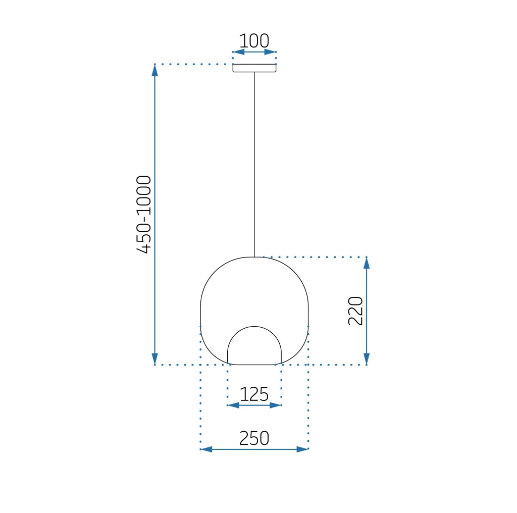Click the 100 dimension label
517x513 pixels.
click(x=254, y=41)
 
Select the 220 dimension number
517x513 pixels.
click(x=355, y=311)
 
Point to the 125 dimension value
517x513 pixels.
click(x=254, y=394)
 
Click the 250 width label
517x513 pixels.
click(x=254, y=438)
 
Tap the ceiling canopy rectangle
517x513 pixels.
click(x=254, y=68)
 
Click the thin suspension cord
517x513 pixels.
click(x=254, y=162)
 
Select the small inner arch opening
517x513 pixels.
click(x=254, y=346)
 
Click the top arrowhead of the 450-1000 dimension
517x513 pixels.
click(x=155, y=70)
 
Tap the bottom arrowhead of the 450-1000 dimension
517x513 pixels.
click(x=155, y=359)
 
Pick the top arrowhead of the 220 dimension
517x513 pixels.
click(x=367, y=263)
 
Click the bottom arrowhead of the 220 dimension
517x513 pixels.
click(x=367, y=359)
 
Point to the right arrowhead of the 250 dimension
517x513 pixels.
click(x=302, y=449)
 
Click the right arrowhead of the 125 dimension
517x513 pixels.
click(x=276, y=405)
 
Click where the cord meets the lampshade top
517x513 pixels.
click(x=254, y=257)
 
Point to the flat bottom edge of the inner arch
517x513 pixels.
click(x=254, y=364)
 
